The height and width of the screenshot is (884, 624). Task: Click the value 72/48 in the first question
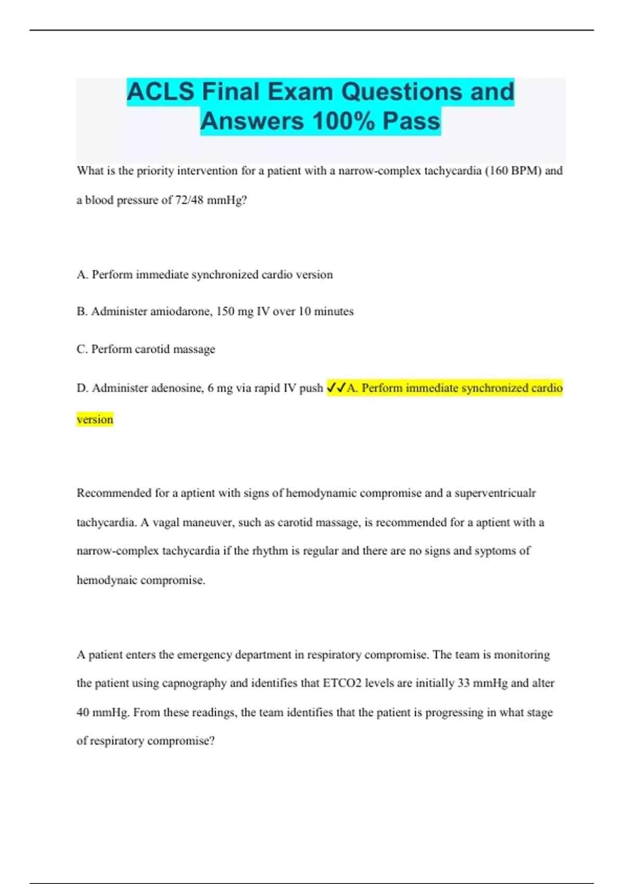click(189, 200)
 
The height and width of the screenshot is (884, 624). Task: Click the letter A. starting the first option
click(82, 275)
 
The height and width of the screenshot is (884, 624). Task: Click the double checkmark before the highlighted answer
click(336, 388)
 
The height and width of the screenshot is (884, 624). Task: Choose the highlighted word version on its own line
click(95, 419)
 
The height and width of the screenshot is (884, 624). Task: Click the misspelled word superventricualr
click(495, 493)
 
